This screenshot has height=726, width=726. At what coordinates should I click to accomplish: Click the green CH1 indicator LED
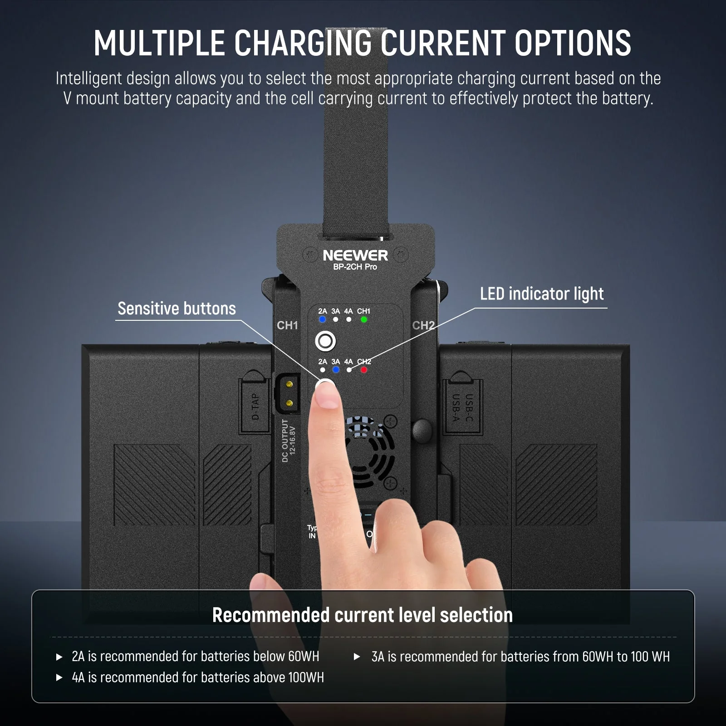pos(363,319)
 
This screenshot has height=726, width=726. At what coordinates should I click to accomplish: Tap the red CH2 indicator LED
pos(363,370)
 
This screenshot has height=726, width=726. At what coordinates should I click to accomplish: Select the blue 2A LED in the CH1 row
pos(322,319)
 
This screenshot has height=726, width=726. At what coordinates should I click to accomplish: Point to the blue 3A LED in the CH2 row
pos(336,370)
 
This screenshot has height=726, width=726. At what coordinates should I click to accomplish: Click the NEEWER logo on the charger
pos(355,255)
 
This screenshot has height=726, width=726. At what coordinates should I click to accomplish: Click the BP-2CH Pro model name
pos(355,267)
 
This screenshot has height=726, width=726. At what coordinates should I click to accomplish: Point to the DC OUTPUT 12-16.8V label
pos(289,441)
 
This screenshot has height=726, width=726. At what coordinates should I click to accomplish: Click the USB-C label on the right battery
pos(470,407)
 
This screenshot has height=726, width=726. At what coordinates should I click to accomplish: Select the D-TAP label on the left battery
pos(255,407)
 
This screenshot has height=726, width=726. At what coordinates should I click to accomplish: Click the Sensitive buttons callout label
pos(177,309)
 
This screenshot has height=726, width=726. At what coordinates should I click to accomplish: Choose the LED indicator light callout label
pos(542,294)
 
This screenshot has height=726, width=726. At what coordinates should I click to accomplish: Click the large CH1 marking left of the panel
pos(287,325)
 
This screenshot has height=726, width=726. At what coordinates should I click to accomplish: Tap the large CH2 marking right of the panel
pos(423,325)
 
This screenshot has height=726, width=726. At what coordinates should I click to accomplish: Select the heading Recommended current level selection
pos(363,615)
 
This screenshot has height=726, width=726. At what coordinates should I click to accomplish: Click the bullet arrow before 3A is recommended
pos(357,657)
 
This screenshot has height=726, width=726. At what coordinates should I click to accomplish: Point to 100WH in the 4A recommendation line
pos(306,677)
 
